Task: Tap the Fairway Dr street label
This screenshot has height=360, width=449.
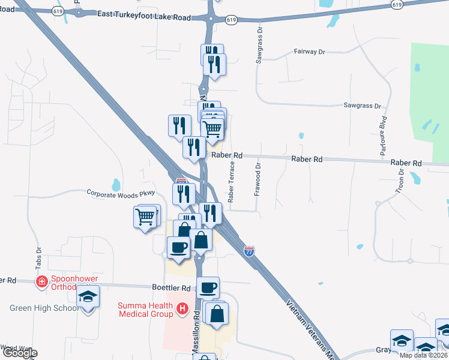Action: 309,52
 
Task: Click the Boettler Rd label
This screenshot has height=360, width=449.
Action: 172,288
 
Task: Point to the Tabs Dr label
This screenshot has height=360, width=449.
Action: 39,257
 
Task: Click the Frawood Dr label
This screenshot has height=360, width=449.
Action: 258,179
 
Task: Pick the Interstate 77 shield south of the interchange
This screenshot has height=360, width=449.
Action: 250,250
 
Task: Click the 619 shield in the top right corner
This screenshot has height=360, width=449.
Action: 396,5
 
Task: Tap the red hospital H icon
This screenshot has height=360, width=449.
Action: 183,310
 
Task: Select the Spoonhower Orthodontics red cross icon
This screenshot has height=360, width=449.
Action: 42,281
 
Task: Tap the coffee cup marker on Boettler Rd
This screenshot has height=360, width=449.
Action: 208,288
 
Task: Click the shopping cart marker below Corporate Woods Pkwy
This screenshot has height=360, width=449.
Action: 145,217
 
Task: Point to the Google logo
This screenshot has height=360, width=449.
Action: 20,353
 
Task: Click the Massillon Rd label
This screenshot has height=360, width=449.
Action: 196,333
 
